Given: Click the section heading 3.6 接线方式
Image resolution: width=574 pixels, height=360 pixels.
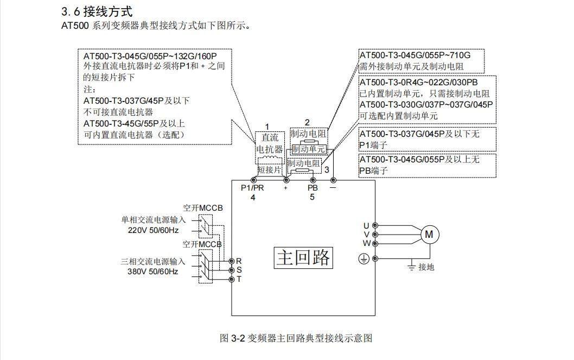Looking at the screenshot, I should click(x=97, y=11).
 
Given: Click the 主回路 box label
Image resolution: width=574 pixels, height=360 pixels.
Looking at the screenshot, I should click(x=303, y=257).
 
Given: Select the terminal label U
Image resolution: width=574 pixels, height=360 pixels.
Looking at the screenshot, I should click(x=366, y=225).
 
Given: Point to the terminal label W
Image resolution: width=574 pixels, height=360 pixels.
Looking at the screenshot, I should click(x=366, y=243).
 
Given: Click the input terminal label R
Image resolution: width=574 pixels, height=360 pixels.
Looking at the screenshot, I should click(x=239, y=261).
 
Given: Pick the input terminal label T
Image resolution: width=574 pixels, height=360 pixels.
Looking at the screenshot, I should click(x=239, y=279).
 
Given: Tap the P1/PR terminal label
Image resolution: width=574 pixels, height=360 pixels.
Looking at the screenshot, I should click(x=252, y=188).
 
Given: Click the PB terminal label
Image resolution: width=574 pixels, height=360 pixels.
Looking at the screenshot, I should click(x=312, y=188).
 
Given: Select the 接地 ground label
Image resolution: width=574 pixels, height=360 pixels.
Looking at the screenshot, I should click(x=426, y=267).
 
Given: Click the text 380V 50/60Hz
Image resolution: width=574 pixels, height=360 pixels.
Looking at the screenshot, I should click(x=153, y=271).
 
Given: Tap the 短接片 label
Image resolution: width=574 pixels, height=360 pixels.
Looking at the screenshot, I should click(x=270, y=170).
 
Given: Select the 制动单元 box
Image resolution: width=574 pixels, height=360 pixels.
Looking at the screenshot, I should click(x=308, y=148).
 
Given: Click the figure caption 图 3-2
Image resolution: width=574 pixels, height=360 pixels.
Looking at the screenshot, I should click(x=296, y=338).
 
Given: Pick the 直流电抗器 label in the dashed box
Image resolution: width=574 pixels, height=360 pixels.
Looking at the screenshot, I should click(x=270, y=143).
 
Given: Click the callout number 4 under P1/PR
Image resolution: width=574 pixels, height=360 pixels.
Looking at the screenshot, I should click(x=253, y=197).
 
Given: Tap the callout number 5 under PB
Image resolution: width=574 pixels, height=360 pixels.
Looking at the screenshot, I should click(x=312, y=197).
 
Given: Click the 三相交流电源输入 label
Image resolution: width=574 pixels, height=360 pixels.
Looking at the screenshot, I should click(x=153, y=261).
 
